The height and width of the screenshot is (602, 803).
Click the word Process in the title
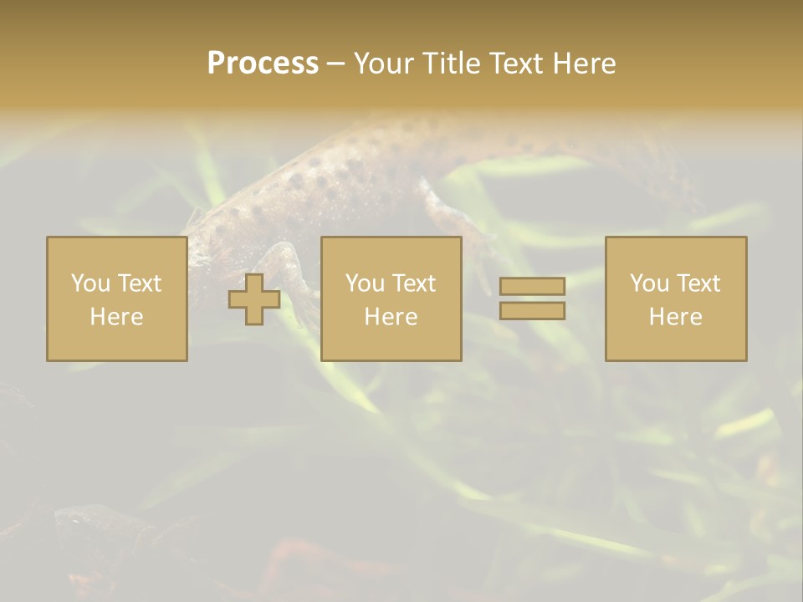263,64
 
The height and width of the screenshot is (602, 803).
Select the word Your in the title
380,64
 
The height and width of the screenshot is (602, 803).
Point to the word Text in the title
517,64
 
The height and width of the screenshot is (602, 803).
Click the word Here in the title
586,64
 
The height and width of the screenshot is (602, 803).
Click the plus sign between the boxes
254,299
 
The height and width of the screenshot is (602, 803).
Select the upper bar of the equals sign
532,287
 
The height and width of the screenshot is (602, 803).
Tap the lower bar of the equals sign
532,310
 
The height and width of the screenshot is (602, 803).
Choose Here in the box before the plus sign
116,316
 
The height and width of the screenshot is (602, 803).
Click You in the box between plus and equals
365,283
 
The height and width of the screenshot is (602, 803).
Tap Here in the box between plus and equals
391,316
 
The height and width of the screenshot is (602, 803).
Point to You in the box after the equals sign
649,283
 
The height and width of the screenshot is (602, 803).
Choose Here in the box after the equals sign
675,316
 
